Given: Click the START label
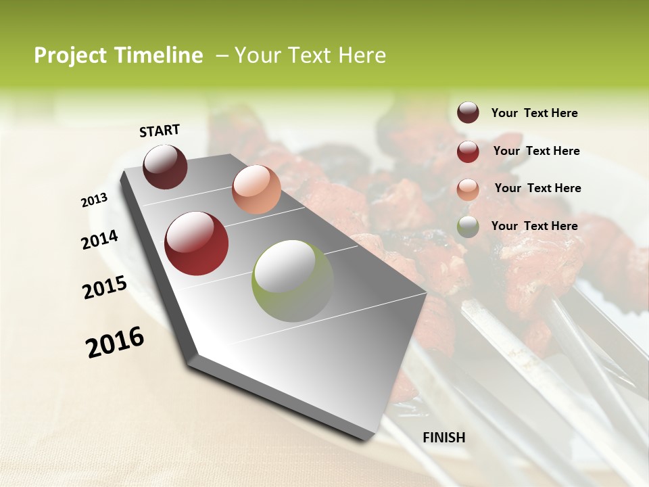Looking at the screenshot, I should (x=160, y=131).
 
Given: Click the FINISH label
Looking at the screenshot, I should (x=444, y=438).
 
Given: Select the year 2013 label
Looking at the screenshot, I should (x=95, y=200).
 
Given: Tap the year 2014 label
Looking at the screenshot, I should (x=100, y=239).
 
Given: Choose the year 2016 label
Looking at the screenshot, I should (x=116, y=342).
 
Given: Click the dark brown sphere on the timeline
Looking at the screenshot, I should (x=166, y=166).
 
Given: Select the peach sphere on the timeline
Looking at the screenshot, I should (x=256, y=189).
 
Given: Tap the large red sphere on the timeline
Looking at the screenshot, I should (x=197, y=243).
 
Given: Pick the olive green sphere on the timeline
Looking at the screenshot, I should (x=292, y=281).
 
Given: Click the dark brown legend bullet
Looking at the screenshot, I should (x=468, y=113).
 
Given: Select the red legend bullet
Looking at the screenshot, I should (x=468, y=152).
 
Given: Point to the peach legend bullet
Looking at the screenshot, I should (x=468, y=189).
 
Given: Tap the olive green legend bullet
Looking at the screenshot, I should (x=468, y=227).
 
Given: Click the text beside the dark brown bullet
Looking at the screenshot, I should (x=534, y=113).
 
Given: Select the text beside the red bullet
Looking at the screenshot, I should (x=536, y=151).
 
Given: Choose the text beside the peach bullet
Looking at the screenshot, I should (x=537, y=188).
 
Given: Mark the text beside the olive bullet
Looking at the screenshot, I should (x=534, y=226).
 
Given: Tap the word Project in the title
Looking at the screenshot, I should (x=70, y=55).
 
